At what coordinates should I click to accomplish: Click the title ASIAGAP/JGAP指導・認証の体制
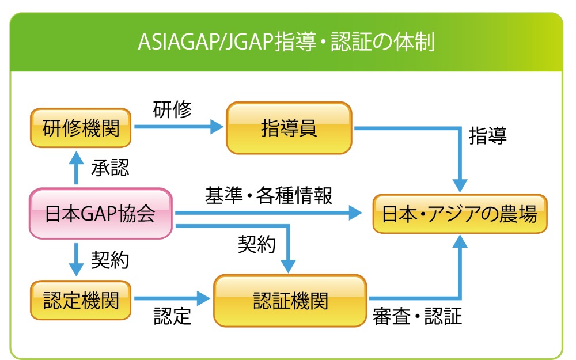[286, 41]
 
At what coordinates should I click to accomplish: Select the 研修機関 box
[81, 128]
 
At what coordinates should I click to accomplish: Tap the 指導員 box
[289, 128]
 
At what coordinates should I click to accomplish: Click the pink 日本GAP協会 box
[101, 214]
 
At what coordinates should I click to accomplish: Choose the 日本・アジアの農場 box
[460, 214]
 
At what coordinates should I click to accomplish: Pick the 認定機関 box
[81, 300]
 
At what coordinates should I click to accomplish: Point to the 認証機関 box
[290, 301]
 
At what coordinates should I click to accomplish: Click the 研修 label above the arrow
[172, 109]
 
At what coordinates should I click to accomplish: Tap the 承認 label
[110, 168]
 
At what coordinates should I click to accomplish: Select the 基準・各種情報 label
[269, 195]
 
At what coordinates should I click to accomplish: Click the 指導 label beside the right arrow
[488, 135]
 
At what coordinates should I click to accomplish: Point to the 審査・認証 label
[417, 316]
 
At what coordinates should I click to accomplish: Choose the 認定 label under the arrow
[172, 316]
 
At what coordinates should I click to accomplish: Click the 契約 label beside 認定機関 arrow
[110, 260]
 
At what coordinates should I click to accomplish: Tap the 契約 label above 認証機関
[257, 244]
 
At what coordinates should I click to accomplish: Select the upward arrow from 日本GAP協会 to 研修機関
[77, 168]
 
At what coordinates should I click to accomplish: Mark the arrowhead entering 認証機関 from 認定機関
[203, 298]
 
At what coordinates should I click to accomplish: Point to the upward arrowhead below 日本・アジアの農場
[460, 242]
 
